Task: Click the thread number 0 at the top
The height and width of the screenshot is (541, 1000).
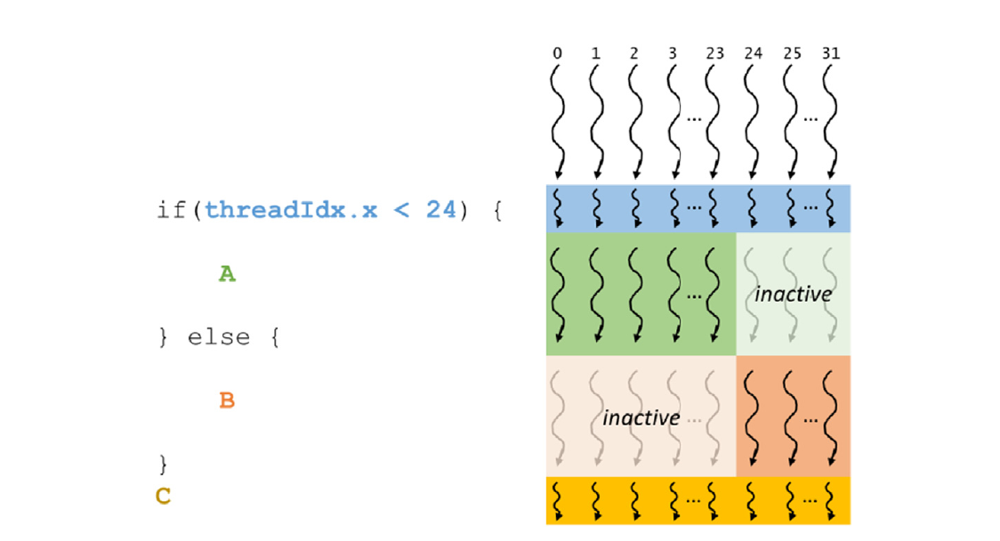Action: [557, 53]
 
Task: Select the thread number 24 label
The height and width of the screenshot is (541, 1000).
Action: [753, 53]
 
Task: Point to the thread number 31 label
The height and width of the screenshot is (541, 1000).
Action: [832, 53]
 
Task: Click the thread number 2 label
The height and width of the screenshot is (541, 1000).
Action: [633, 53]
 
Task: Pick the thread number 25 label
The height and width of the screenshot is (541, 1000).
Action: [792, 53]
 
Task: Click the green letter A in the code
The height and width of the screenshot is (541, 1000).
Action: [227, 275]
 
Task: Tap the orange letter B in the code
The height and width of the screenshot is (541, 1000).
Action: [227, 400]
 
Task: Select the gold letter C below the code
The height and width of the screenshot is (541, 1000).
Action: [163, 496]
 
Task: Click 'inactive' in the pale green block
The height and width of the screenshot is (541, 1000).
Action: [793, 294]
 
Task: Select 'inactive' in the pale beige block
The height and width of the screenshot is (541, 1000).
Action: [641, 417]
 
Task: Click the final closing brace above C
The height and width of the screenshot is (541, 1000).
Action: [163, 464]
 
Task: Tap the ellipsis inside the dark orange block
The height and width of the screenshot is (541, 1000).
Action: [811, 418]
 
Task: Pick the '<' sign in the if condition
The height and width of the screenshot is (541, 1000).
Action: [401, 212]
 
